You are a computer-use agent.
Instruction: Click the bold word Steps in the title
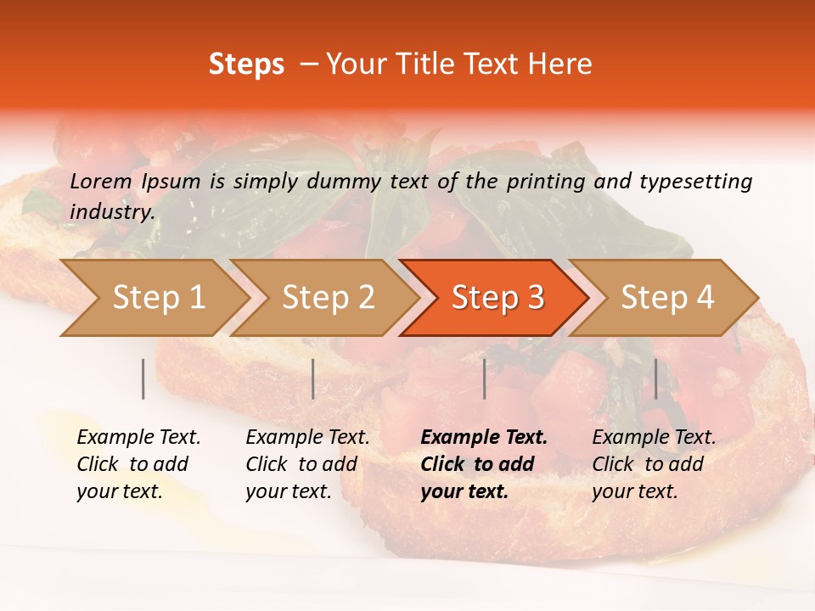tap(246, 64)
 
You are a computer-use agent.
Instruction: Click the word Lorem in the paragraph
tap(100, 181)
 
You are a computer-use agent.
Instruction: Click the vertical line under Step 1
tap(143, 378)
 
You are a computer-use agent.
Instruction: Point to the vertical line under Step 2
tap(313, 378)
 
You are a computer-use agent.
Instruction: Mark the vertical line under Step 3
tap(485, 378)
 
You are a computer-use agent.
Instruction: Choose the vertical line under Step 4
tap(655, 378)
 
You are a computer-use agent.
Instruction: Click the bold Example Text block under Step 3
tap(483, 464)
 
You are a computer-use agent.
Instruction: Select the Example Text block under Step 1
tap(138, 464)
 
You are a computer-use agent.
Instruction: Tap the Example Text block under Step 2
tap(307, 464)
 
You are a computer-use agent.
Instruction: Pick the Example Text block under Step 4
tap(654, 464)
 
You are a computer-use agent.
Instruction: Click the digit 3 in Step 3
tap(535, 298)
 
